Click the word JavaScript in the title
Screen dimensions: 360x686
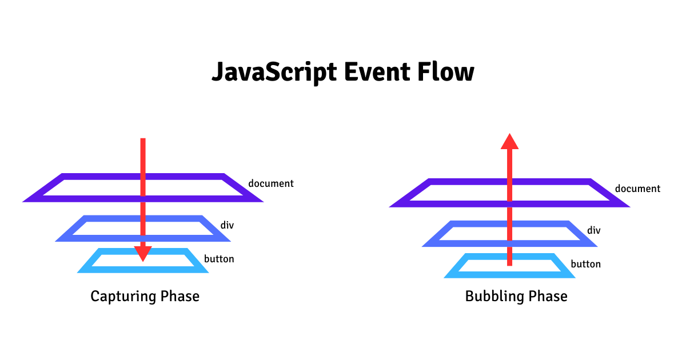tap(274, 73)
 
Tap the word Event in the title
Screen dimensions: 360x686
tap(376, 73)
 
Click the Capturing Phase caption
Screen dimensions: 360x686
tap(145, 297)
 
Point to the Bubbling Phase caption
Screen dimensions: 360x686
tap(516, 297)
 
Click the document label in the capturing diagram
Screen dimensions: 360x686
tap(271, 183)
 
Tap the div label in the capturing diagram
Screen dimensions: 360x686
tap(227, 225)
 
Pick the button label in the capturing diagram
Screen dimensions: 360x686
tap(219, 259)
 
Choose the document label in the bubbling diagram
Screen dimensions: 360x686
tap(637, 189)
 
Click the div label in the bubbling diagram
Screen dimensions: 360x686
tap(594, 230)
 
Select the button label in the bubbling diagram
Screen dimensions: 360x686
tap(585, 264)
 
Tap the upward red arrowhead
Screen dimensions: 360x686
tap(509, 141)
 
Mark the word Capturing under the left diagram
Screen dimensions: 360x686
tap(122, 297)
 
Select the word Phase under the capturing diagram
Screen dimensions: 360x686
tap(179, 297)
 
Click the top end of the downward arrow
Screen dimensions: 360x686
tap(143, 140)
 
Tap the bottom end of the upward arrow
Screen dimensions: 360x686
tap(509, 264)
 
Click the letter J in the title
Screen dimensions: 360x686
tap(218, 73)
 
